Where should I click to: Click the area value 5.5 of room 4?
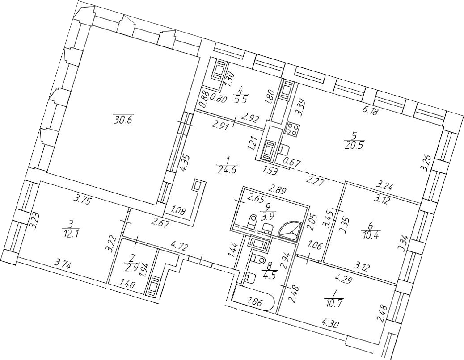241,97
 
